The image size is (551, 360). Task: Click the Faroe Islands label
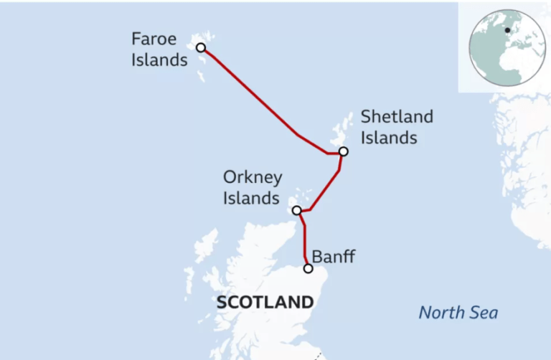tap(159, 49)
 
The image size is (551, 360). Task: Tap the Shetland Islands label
tap(397, 126)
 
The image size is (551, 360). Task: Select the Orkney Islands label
tap(252, 188)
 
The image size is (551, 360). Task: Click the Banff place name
tap(333, 256)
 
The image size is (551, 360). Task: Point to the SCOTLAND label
tap(265, 303)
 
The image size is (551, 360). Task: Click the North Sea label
tap(458, 313)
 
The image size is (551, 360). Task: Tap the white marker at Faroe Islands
tap(201, 48)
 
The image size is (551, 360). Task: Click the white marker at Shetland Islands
tap(344, 151)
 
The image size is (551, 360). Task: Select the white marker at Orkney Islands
tap(296, 211)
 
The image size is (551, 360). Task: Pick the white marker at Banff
tap(309, 269)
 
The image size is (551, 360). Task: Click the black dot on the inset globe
tap(507, 30)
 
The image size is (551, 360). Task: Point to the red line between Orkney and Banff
tap(305, 240)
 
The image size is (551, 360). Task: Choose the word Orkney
tap(253, 178)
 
